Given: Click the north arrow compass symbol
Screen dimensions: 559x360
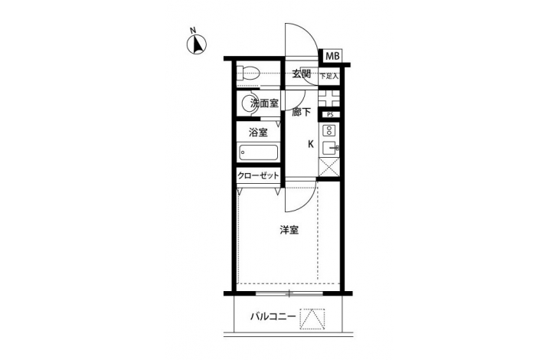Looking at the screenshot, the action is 197,45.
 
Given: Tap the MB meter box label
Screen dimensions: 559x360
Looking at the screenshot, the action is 332,56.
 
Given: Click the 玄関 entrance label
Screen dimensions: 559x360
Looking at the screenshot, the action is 302,74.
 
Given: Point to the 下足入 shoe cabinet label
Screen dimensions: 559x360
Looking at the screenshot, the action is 329,76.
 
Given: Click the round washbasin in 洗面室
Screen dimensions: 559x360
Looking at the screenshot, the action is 249,104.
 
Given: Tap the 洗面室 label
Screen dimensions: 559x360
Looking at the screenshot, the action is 264,103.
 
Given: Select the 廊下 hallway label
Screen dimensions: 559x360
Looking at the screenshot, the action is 301,113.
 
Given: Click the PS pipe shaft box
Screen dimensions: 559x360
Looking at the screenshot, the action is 330,115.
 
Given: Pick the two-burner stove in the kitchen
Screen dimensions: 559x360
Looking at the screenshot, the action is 329,130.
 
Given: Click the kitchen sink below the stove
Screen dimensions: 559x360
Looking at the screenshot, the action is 331,148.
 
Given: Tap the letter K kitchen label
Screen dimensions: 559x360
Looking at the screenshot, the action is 311,144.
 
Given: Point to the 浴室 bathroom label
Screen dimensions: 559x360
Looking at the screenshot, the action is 258,133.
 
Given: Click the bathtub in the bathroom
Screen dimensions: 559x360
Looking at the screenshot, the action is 259,153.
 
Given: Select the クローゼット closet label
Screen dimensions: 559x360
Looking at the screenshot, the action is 258,175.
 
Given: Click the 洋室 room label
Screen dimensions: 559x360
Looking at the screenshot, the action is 289,231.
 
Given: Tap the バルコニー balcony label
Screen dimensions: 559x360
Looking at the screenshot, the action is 273,316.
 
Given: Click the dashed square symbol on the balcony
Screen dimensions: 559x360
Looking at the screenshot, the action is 312,319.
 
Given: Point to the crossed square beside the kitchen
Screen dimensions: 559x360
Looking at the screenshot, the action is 329,167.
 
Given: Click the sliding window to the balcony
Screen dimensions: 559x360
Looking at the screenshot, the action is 289,293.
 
